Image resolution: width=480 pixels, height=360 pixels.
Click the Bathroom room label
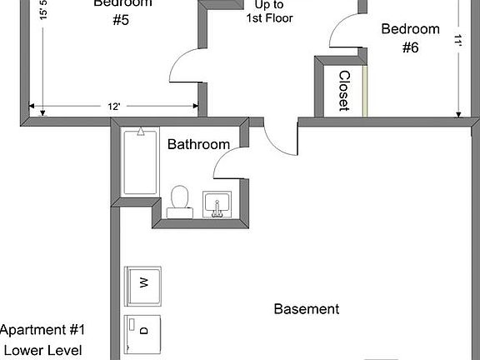pyautogui.click(x=198, y=144)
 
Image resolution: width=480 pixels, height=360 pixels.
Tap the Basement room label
pyautogui.click(x=307, y=309)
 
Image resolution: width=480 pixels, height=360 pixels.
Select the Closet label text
pyautogui.click(x=343, y=91)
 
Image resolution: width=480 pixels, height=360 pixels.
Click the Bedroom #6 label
pyautogui.click(x=410, y=38)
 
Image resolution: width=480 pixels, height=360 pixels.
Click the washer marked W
pyautogui.click(x=142, y=284)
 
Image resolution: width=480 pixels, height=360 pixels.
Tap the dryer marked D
pyautogui.click(x=142, y=331)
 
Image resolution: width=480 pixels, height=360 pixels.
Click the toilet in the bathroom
pyautogui.click(x=179, y=202)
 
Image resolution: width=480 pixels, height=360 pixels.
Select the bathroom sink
pyautogui.click(x=217, y=204)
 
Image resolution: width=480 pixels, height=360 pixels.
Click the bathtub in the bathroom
pyautogui.click(x=139, y=163)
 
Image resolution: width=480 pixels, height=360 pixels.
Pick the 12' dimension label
pyautogui.click(x=114, y=107)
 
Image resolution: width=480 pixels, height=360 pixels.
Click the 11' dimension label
pyautogui.click(x=458, y=40)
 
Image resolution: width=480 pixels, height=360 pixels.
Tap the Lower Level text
pyautogui.click(x=42, y=350)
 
